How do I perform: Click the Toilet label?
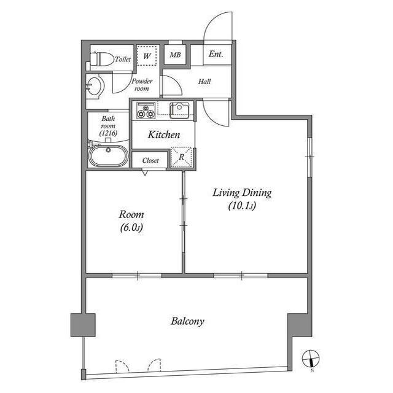tap(123, 60)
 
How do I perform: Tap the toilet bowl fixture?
tap(101, 60)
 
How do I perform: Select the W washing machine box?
tap(147, 56)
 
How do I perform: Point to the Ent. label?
tap(216, 54)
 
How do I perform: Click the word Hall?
tap(204, 80)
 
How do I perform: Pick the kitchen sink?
tap(179, 109)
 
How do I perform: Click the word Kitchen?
tap(163, 134)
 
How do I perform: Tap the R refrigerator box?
tap(182, 157)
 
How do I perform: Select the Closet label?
tap(150, 160)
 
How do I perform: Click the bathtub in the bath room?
tap(109, 155)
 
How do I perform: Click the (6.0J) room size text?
tap(131, 228)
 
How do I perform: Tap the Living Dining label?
tap(241, 193)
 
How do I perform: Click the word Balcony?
tap(187, 321)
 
